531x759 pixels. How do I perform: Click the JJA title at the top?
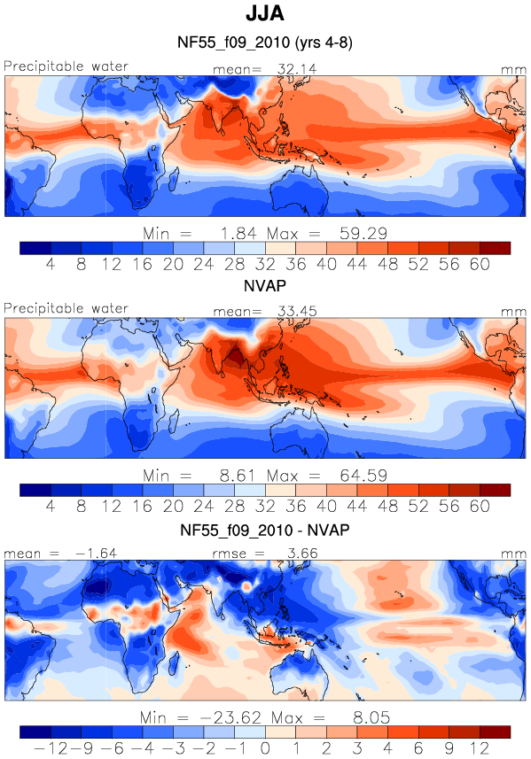[264, 13]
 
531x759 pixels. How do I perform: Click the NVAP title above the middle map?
[264, 285]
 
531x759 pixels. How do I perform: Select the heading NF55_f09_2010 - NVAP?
[264, 530]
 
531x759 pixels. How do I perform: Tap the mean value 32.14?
[296, 69]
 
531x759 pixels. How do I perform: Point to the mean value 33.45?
[297, 311]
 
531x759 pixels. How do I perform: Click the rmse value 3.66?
[302, 554]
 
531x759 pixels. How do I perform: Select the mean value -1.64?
[97, 554]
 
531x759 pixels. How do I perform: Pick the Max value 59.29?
[363, 233]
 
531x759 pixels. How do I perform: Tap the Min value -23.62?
[230, 717]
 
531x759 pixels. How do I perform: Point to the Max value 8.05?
[371, 717]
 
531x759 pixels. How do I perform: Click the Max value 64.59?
[363, 476]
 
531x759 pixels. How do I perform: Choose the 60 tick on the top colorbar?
[480, 264]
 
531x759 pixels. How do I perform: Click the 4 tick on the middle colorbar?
[51, 507]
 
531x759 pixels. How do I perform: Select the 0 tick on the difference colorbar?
[265, 748]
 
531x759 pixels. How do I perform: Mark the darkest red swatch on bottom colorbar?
[496, 732]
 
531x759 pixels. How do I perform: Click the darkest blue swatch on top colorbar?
[35, 248]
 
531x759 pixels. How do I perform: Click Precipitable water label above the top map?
[66, 66]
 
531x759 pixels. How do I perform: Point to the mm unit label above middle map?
[513, 313]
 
